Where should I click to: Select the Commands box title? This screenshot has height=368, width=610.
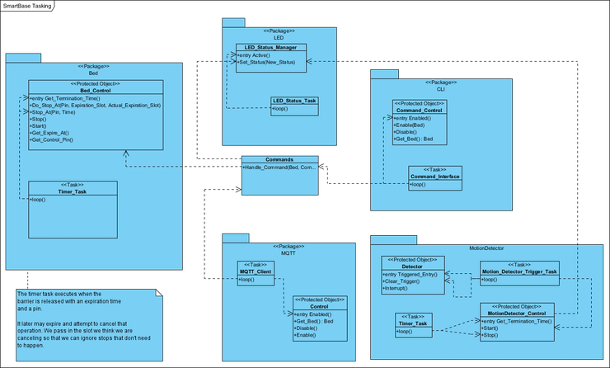[279, 159]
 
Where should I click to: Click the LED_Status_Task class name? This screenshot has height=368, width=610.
[293, 101]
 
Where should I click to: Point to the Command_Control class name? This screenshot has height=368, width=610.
[420, 110]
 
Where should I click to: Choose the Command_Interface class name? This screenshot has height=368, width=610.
[434, 177]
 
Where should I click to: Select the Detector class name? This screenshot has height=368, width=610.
[412, 267]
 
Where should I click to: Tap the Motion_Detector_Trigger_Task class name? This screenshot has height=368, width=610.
[519, 271]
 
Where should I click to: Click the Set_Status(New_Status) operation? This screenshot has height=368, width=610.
[266, 63]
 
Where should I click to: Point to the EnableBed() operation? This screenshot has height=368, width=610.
[413, 125]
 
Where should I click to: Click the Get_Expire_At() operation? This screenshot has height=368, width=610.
[51, 132]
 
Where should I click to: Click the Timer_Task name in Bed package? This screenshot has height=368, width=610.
[73, 191]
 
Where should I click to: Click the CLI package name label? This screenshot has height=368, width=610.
[441, 89]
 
